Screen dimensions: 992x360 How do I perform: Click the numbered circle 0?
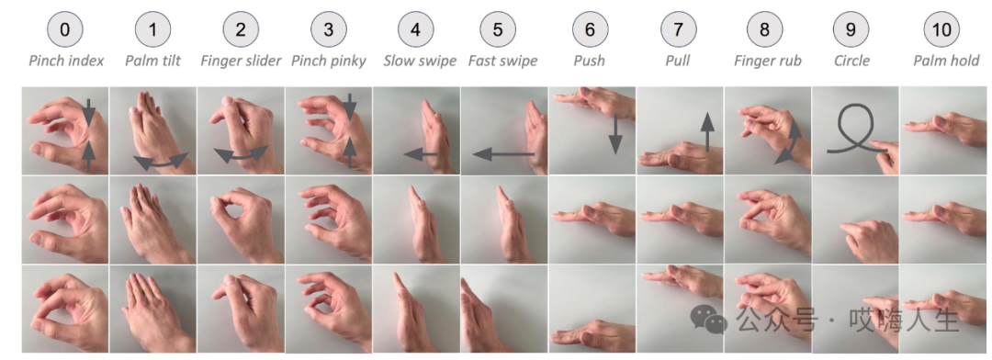point(64,29)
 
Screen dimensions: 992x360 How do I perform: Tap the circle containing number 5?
point(498,29)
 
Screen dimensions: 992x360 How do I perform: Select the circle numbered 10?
point(941,29)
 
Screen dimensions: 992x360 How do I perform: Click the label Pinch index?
point(66,61)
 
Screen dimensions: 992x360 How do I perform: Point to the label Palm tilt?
point(152,61)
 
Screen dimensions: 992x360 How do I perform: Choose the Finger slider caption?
point(241,61)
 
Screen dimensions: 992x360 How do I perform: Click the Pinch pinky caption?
point(328,61)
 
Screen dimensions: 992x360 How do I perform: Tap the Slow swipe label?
point(420,61)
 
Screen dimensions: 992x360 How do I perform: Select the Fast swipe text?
point(503,61)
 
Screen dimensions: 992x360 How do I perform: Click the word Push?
point(589,61)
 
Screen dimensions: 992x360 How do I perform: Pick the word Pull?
point(678,61)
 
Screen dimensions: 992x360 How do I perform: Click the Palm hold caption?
point(946,61)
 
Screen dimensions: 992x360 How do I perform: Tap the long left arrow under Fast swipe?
point(503,153)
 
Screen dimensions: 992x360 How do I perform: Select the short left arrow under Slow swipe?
point(421,153)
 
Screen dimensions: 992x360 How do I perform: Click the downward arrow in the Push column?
point(614,134)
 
